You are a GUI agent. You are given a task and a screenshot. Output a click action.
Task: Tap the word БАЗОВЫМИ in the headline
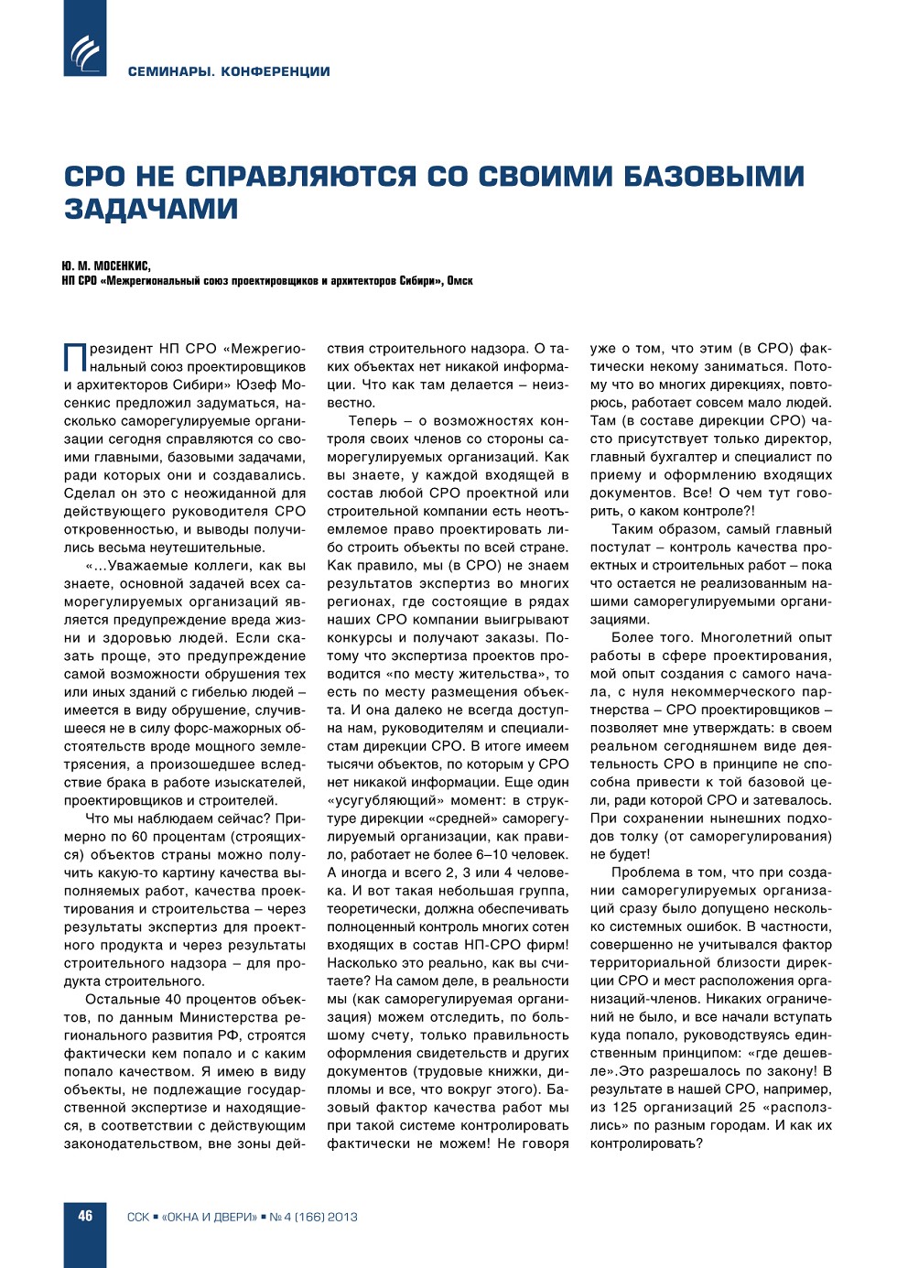pos(714,176)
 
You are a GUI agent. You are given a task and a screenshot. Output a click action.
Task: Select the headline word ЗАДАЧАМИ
pos(151,209)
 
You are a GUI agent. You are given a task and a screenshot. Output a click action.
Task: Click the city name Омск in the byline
pos(460,281)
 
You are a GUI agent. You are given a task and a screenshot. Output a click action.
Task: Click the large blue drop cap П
pos(74,358)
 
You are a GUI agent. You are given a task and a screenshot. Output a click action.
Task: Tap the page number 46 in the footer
pos(85,1216)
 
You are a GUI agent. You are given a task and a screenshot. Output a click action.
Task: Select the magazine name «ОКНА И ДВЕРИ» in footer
pos(210,1217)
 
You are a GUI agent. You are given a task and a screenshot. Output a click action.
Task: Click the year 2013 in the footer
pos(342,1217)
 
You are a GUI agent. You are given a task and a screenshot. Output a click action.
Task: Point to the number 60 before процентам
pos(139,837)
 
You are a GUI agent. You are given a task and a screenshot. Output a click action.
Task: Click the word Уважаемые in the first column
pos(135,566)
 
